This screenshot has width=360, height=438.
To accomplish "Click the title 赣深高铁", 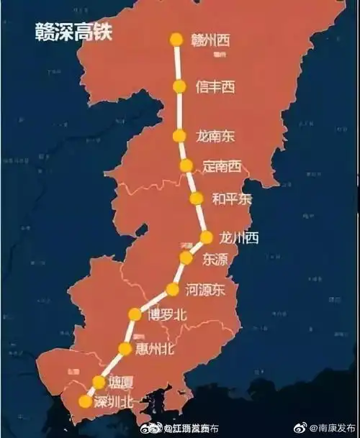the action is coord(73,32).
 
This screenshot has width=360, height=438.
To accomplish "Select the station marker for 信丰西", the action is coord(179,86).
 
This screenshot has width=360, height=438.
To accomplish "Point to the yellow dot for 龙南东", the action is coord(180,135).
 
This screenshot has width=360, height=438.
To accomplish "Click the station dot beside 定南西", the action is coord(186,166).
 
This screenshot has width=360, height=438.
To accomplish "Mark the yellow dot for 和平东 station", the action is coord(194,199).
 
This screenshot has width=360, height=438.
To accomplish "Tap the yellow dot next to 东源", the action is coord(186,258).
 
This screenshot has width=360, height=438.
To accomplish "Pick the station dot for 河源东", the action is coord(173,290).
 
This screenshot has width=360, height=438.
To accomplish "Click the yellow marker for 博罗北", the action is coord(135,314).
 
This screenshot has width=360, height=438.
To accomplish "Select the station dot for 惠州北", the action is coord(125,350).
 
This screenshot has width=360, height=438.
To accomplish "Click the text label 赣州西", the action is coord(211,39).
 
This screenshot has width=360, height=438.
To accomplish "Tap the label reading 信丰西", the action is coord(215,86).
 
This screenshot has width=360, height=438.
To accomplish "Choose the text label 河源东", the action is coord(206,290).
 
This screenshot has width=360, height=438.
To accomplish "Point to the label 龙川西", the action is coord(240,237).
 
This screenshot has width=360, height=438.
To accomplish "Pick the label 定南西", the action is coord(222,166).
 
